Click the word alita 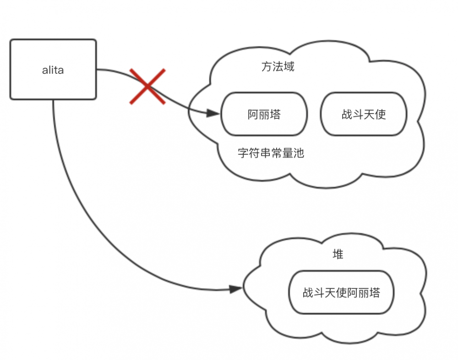(53, 70)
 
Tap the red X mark (147, 86)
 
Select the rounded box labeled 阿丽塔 (264, 114)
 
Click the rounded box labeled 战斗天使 (364, 114)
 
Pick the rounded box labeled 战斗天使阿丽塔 (341, 292)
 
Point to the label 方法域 (278, 67)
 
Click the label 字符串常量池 (271, 153)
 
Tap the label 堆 (338, 255)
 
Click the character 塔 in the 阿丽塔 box (275, 115)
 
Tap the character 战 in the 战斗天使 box (347, 115)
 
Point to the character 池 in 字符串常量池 (299, 153)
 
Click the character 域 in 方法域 (289, 67)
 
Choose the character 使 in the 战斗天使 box (381, 115)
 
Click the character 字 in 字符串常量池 (243, 153)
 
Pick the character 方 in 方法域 (267, 67)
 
